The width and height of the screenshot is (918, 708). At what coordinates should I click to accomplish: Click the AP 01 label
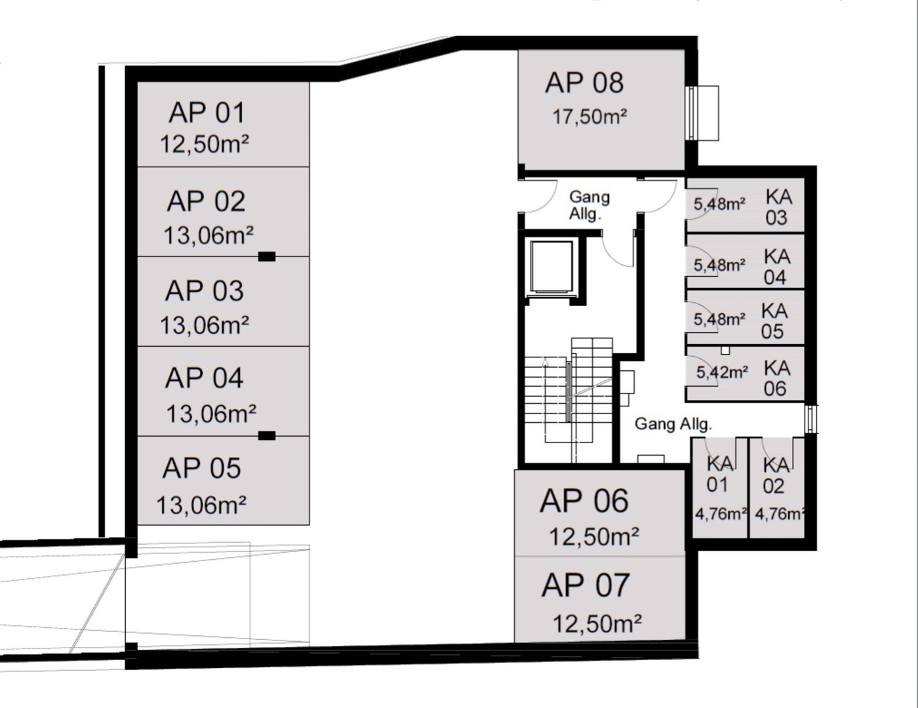[x=207, y=113]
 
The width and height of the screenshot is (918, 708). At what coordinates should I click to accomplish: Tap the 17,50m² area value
[x=589, y=117]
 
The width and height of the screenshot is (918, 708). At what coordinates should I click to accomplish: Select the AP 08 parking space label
[x=584, y=83]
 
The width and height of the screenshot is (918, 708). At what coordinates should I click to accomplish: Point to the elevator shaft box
[x=551, y=266]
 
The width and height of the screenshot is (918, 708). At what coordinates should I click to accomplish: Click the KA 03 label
[x=778, y=207]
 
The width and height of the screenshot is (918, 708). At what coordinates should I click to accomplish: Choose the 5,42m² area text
[x=722, y=372]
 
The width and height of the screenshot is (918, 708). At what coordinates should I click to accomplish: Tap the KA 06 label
[x=776, y=378]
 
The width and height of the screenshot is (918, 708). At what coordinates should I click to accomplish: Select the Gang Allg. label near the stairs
[x=673, y=424]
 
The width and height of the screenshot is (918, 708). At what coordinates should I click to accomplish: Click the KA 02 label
[x=776, y=476]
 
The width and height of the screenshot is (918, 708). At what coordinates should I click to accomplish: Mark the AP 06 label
[x=584, y=501]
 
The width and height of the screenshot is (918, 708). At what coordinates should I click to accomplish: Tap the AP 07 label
[x=586, y=585]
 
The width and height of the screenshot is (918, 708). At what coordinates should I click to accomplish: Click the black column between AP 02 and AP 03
[x=267, y=256]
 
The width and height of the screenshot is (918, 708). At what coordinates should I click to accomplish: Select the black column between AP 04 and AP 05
[x=267, y=436]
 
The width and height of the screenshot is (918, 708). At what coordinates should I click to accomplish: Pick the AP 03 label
[x=204, y=291]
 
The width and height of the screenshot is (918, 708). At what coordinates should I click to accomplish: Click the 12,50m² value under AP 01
[x=205, y=144]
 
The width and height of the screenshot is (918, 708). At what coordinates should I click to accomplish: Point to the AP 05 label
[x=201, y=468]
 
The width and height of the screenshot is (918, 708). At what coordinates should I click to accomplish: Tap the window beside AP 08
[x=702, y=113]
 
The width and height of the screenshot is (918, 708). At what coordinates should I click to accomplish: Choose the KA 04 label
[x=776, y=267]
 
